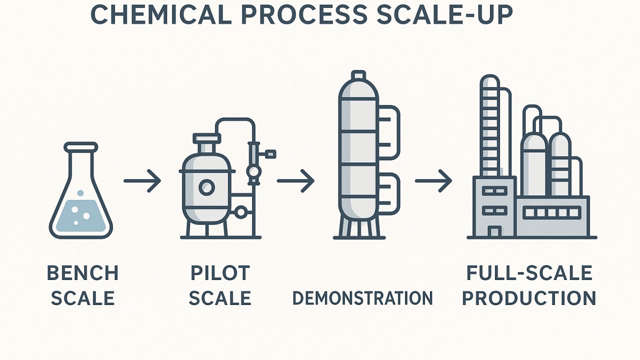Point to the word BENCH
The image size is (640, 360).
[82, 273]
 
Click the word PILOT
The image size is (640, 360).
[220, 273]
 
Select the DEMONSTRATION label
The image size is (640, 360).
[362, 298]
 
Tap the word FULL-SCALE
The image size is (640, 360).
[529, 273]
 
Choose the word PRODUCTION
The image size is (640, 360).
[529, 298]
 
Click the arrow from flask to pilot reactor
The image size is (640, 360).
[142, 180]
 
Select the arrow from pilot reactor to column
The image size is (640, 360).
[295, 180]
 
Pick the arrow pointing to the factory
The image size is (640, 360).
[433, 180]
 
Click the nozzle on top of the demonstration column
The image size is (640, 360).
[358, 75]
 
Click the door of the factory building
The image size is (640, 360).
[494, 231]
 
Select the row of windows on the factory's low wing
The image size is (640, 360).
[551, 213]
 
